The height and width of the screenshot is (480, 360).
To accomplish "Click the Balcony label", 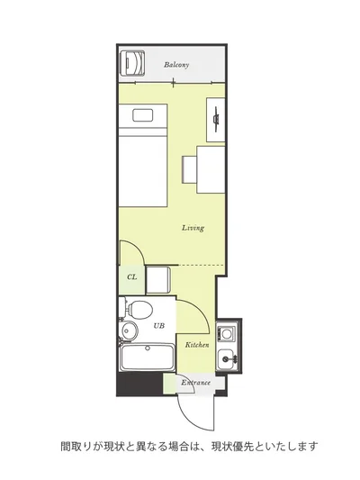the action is pos(176,65).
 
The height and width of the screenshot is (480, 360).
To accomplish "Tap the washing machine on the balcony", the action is pos(132,62).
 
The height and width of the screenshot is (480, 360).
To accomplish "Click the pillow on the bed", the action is pos(142,115).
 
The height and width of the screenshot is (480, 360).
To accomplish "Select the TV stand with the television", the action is pos(216,120).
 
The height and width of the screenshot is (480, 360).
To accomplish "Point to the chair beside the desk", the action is pos(189,169).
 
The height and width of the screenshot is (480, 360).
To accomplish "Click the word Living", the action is pos(193,228).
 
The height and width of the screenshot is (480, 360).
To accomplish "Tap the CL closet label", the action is pos(131,277).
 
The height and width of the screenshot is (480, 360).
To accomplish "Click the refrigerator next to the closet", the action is pos(157,280).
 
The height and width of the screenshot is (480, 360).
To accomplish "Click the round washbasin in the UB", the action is pos(130,330).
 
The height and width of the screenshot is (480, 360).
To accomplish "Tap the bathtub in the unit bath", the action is pos(147,358).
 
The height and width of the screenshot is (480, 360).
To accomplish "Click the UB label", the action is pos(158,326).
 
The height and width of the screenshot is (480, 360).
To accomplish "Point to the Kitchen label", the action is pos(197,345).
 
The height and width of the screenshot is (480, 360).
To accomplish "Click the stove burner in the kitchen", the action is pos(227,333).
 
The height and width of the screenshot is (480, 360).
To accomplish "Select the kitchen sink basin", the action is pos(228,358).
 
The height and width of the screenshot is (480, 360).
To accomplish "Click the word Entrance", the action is pos(196,383).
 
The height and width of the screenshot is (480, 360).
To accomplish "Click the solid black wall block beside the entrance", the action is pos(139,385).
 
